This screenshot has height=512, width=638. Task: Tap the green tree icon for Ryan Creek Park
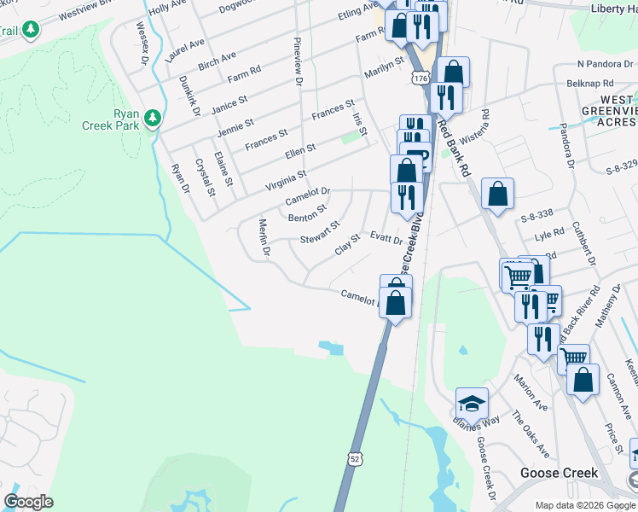point(153,118)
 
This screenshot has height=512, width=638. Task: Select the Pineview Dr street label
point(298,61)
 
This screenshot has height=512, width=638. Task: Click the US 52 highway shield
point(356,459)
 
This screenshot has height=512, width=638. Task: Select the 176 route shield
point(419,78)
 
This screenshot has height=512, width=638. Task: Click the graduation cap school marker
point(472,402)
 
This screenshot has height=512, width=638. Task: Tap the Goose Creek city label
point(558,473)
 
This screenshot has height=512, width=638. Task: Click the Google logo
point(28,502)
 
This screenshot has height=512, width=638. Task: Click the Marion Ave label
point(524,391)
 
